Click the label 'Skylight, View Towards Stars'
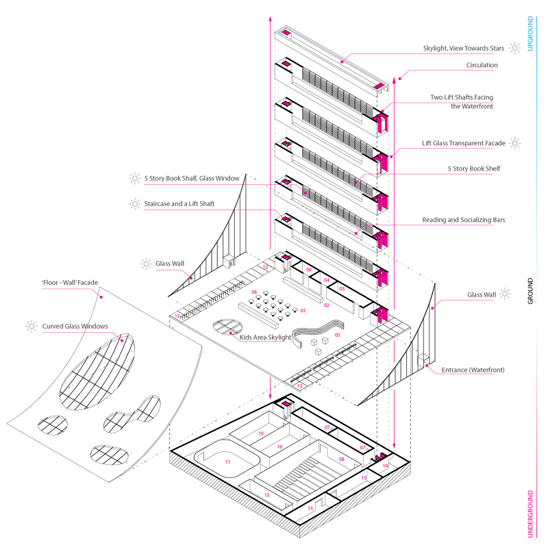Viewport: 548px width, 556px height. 463,49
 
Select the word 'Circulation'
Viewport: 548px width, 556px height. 482,66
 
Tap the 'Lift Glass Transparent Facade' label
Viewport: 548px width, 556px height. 463,144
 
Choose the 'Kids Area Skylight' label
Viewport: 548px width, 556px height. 264,337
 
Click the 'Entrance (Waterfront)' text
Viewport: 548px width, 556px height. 472,370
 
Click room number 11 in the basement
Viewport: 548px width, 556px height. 228,463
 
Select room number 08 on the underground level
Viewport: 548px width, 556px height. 341,459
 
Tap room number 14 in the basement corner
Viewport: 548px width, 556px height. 386,466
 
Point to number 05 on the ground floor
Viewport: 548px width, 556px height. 337,336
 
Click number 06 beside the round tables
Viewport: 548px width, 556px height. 254,292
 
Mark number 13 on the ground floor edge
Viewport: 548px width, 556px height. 177,316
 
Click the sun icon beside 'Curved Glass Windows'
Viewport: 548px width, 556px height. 31,327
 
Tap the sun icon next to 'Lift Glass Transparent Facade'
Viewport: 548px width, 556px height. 515,144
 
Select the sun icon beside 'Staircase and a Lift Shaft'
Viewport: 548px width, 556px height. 134,203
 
